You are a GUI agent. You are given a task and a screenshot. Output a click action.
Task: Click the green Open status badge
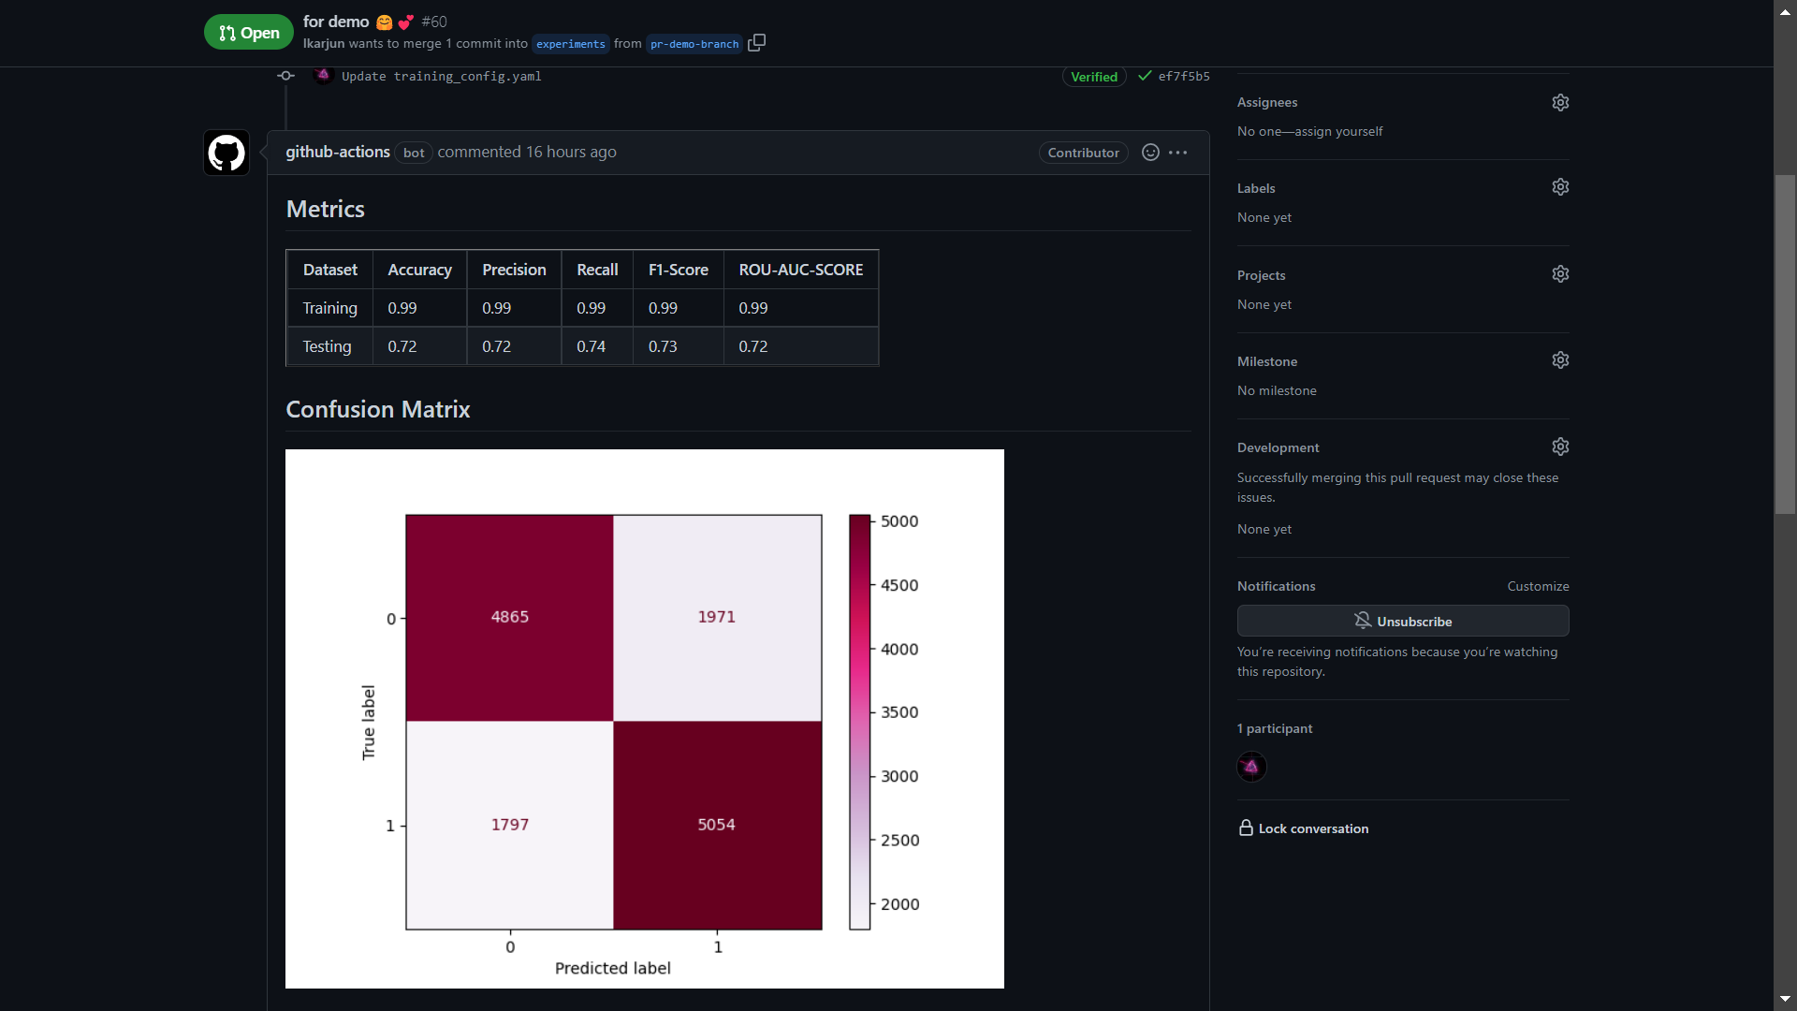tap(248, 33)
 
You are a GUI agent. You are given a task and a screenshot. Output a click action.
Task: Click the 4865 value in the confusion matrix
tap(509, 617)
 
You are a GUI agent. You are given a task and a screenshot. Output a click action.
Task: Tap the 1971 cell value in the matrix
tap(716, 617)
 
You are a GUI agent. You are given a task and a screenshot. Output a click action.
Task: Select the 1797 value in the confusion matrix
tap(509, 825)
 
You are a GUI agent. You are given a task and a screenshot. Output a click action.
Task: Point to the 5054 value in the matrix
tap(716, 825)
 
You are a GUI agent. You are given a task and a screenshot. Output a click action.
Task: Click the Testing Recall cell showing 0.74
tap(591, 346)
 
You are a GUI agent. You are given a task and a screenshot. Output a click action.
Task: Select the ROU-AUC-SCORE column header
tap(800, 270)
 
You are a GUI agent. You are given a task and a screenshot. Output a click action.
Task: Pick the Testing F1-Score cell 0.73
tap(663, 346)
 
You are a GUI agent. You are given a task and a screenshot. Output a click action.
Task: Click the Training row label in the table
tap(329, 308)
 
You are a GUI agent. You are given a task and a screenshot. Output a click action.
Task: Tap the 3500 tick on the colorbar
tap(898, 712)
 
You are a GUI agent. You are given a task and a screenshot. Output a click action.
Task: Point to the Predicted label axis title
tap(612, 968)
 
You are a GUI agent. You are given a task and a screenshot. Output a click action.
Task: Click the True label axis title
tap(369, 722)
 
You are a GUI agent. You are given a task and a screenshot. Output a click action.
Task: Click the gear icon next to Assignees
tap(1560, 102)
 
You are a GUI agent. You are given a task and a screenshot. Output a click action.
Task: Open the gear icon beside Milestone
tap(1560, 360)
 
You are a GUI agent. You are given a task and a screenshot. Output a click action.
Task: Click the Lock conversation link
tap(1312, 828)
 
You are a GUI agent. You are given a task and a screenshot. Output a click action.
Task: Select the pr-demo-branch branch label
tap(694, 44)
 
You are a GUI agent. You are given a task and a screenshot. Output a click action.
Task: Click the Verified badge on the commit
tap(1093, 77)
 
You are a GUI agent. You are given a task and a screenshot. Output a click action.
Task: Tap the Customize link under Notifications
tap(1537, 586)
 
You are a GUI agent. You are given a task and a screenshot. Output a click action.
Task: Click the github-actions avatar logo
tap(226, 153)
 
